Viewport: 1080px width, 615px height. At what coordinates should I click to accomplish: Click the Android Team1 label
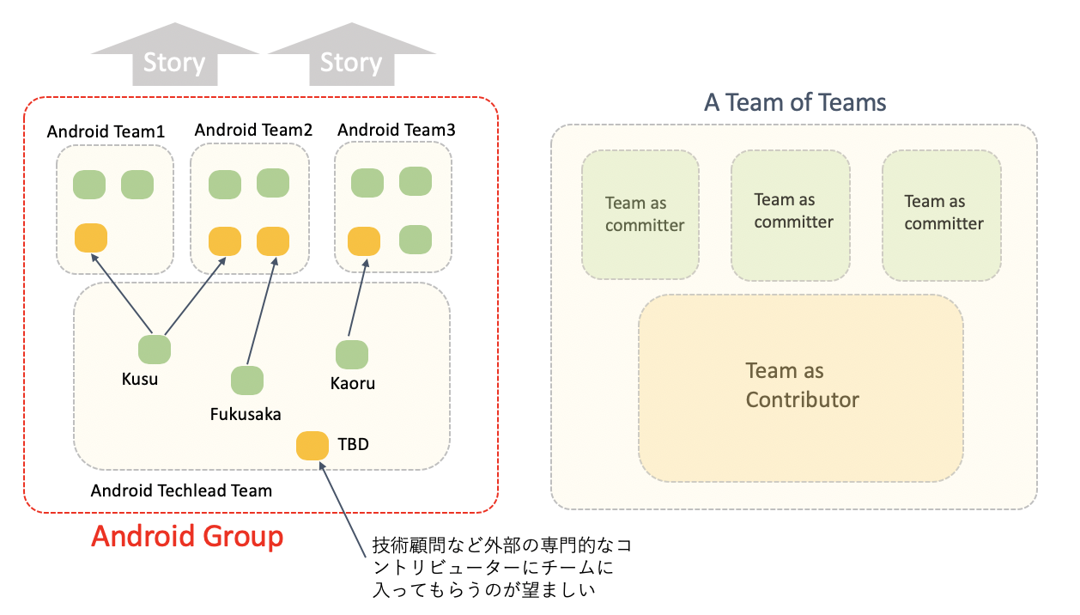click(x=106, y=131)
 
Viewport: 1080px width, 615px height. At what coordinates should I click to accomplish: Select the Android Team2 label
click(x=253, y=130)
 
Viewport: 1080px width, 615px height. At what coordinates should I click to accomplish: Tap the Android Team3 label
click(x=397, y=130)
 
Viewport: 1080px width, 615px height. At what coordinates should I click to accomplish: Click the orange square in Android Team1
click(x=91, y=238)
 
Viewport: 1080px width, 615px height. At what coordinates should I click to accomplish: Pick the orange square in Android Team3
click(x=364, y=240)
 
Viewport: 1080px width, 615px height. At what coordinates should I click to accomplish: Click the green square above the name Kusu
click(x=155, y=350)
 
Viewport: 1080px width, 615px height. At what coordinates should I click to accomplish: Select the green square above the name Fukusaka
click(x=247, y=381)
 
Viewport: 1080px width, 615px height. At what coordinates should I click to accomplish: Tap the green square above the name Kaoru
click(x=352, y=355)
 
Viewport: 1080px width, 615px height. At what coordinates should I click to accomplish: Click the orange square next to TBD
click(x=312, y=446)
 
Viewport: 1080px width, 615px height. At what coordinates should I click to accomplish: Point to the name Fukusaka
click(x=246, y=414)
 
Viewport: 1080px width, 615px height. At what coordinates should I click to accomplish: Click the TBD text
click(x=353, y=444)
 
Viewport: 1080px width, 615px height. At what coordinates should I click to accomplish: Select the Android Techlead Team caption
click(x=181, y=490)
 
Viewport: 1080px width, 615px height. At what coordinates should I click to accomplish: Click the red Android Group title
click(x=187, y=536)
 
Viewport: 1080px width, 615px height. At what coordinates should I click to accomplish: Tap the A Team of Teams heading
click(x=795, y=103)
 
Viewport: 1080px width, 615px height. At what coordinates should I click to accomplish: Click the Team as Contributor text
click(x=802, y=385)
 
